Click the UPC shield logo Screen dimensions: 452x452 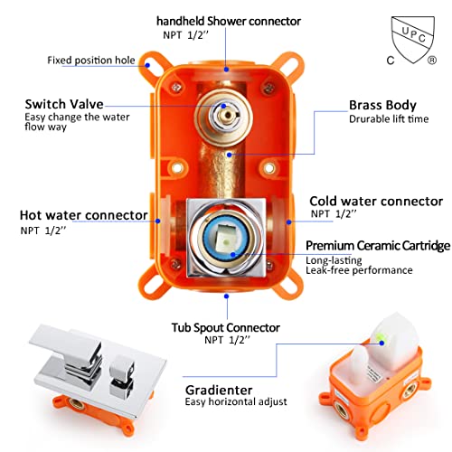point(413,39)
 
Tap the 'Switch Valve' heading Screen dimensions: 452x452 point(64,104)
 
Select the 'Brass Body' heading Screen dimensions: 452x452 point(382,105)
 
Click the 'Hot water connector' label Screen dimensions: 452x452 point(83,215)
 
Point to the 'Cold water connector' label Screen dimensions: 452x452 point(376,201)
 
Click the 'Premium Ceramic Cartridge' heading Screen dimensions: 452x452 point(378,246)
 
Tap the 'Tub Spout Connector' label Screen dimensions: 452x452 point(226,327)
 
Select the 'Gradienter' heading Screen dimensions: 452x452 point(219,391)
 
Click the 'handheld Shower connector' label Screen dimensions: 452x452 point(229,21)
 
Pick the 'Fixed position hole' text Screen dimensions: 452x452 point(91,61)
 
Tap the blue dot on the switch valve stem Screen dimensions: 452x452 point(223,106)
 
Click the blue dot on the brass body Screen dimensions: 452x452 point(230,155)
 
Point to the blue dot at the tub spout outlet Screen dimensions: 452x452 point(227,297)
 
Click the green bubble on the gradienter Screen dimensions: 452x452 point(378,337)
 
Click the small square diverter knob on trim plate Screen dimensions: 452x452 point(121,377)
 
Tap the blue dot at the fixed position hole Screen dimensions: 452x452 point(147,65)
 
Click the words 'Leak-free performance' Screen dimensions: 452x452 point(359,270)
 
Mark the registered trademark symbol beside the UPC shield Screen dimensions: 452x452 point(431,61)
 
